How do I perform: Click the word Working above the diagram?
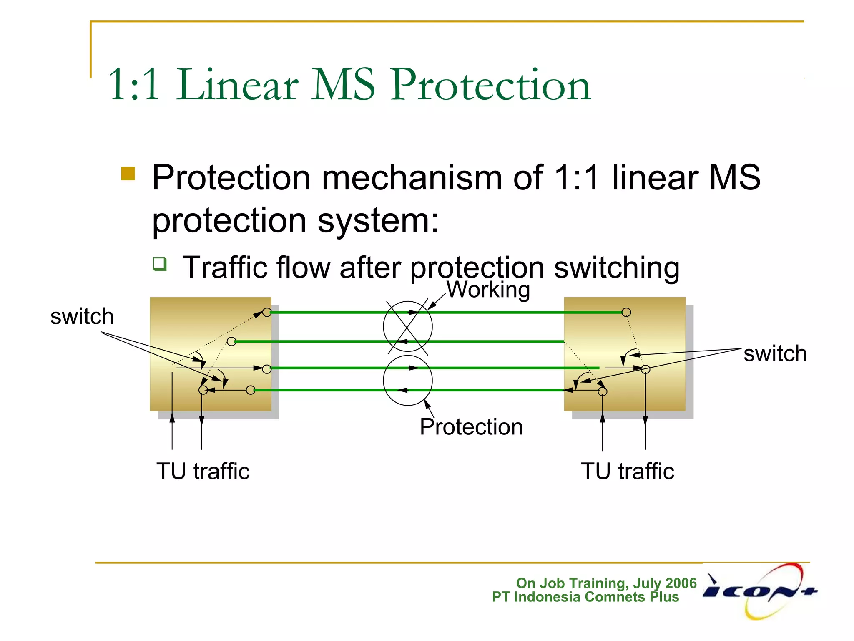click(x=488, y=290)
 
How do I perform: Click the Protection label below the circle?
click(x=471, y=427)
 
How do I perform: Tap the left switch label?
click(x=82, y=316)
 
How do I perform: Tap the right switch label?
click(x=775, y=354)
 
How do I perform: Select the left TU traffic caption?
click(x=203, y=472)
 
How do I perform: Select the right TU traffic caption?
click(x=627, y=472)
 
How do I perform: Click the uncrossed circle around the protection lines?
click(x=407, y=380)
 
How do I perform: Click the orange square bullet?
click(x=128, y=174)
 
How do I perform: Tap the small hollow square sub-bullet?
click(x=160, y=264)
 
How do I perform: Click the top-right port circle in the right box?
click(x=626, y=312)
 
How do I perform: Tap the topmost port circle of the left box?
click(x=267, y=312)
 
